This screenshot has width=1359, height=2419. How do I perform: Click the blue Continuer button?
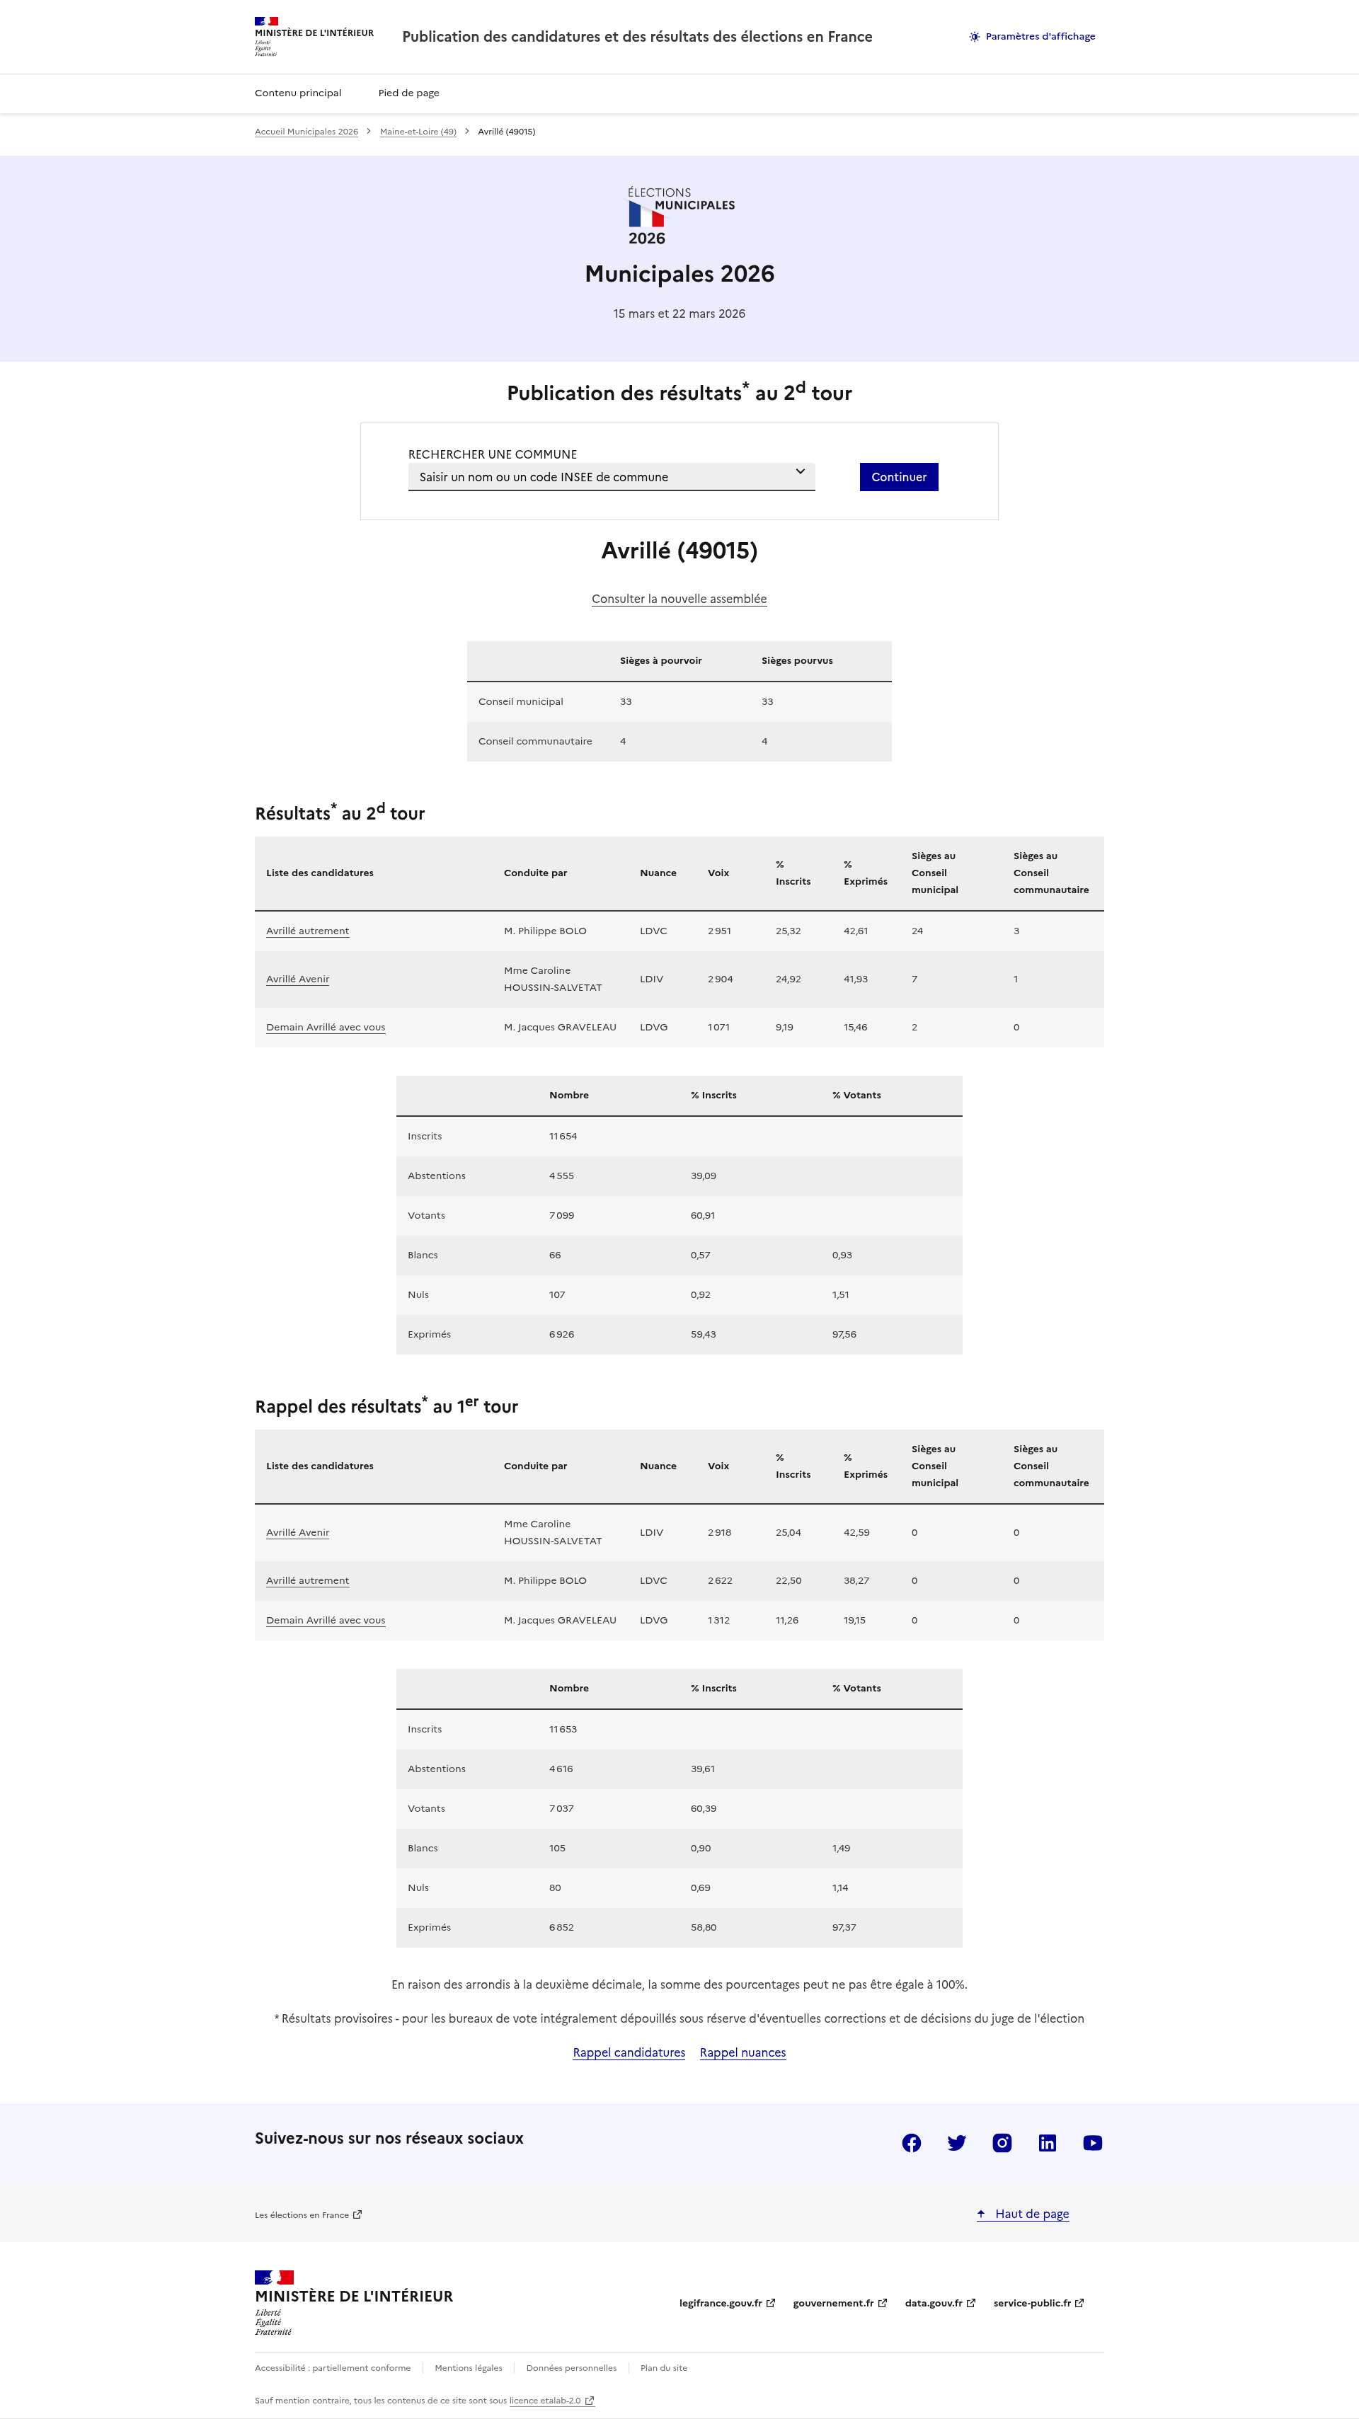click(898, 477)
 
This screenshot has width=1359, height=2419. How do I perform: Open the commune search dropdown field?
click(610, 477)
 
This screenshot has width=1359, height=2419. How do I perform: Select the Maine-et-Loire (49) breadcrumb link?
click(418, 132)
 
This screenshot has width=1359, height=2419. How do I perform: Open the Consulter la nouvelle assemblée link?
click(679, 599)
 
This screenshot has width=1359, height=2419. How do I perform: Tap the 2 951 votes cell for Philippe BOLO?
click(719, 931)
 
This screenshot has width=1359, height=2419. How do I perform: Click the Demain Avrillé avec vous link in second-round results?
click(325, 1028)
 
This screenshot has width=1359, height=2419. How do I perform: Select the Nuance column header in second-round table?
click(658, 873)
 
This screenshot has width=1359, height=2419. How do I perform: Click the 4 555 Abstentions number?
click(561, 1176)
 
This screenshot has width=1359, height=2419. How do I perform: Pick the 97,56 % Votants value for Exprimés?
click(844, 1334)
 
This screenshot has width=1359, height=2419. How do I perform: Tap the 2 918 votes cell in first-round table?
click(719, 1532)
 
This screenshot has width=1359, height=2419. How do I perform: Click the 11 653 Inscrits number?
click(563, 1729)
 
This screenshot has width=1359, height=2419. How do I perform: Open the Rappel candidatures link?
click(629, 2053)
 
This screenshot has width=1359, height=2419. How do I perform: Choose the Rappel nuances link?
click(742, 2053)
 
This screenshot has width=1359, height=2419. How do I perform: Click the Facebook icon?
click(911, 2143)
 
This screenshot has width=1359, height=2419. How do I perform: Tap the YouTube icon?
click(1092, 2143)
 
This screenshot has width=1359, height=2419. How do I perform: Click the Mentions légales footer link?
click(469, 2367)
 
